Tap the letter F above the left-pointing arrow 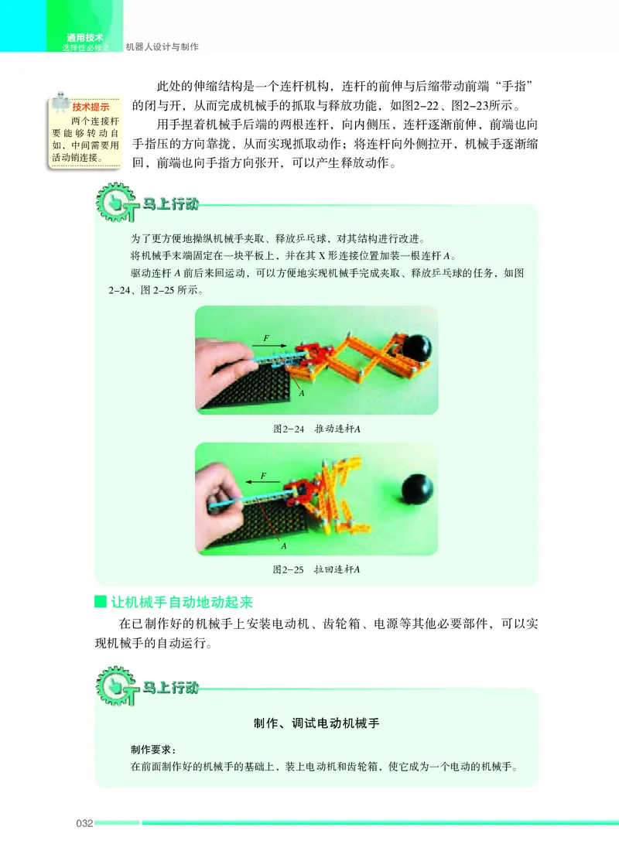pos(263,475)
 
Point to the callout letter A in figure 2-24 pos(301,393)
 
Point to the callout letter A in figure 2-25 pos(284,545)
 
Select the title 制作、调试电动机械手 pos(316,724)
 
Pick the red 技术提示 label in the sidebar pos(91,108)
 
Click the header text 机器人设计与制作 pos(162,47)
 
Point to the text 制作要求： pos(153,750)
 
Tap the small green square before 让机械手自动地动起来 pos(99,601)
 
